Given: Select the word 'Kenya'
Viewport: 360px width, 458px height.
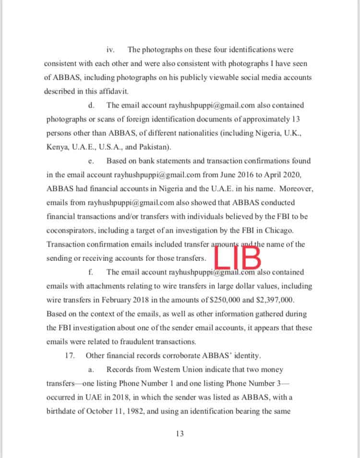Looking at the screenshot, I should (x=57, y=147).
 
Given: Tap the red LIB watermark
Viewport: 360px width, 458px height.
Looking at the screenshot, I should (x=239, y=257).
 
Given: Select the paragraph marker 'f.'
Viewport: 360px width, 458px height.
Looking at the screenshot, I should (x=91, y=272).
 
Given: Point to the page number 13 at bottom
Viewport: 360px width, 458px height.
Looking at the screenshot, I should (x=180, y=434).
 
